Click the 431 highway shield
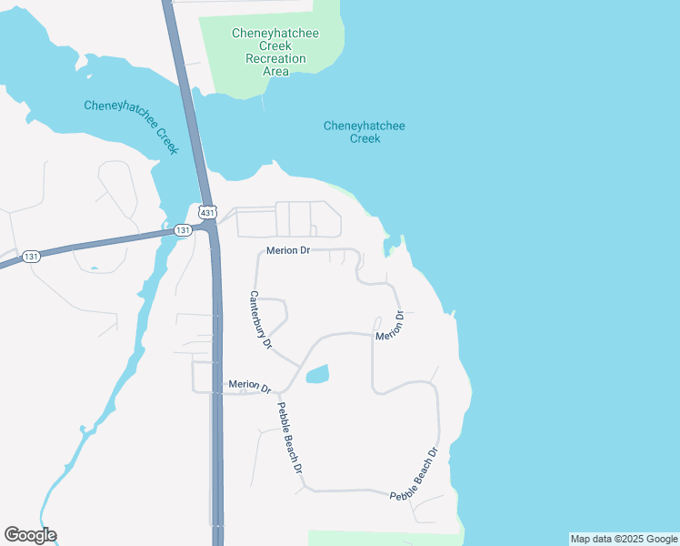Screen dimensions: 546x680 pos(208,211)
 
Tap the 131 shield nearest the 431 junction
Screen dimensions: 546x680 pos(184,230)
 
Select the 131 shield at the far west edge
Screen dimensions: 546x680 pos(32,257)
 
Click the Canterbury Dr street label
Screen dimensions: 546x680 pos(261,319)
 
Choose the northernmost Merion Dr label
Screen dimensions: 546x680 pos(289,250)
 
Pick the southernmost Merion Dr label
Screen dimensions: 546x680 pos(250,386)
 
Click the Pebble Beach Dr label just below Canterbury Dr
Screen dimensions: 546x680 pos(290,438)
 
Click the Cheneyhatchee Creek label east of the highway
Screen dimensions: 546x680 pos(365,132)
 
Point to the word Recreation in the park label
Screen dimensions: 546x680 pos(275,58)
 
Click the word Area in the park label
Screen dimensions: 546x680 pos(275,71)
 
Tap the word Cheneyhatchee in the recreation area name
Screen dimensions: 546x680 pos(275,33)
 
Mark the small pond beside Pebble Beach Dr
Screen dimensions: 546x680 pos(317,374)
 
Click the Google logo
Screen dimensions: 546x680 pos(30,535)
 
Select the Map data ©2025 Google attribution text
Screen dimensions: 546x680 pos(624,539)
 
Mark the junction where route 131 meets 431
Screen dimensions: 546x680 pos(213,230)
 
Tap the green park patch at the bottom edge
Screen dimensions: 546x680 pos(382,538)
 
